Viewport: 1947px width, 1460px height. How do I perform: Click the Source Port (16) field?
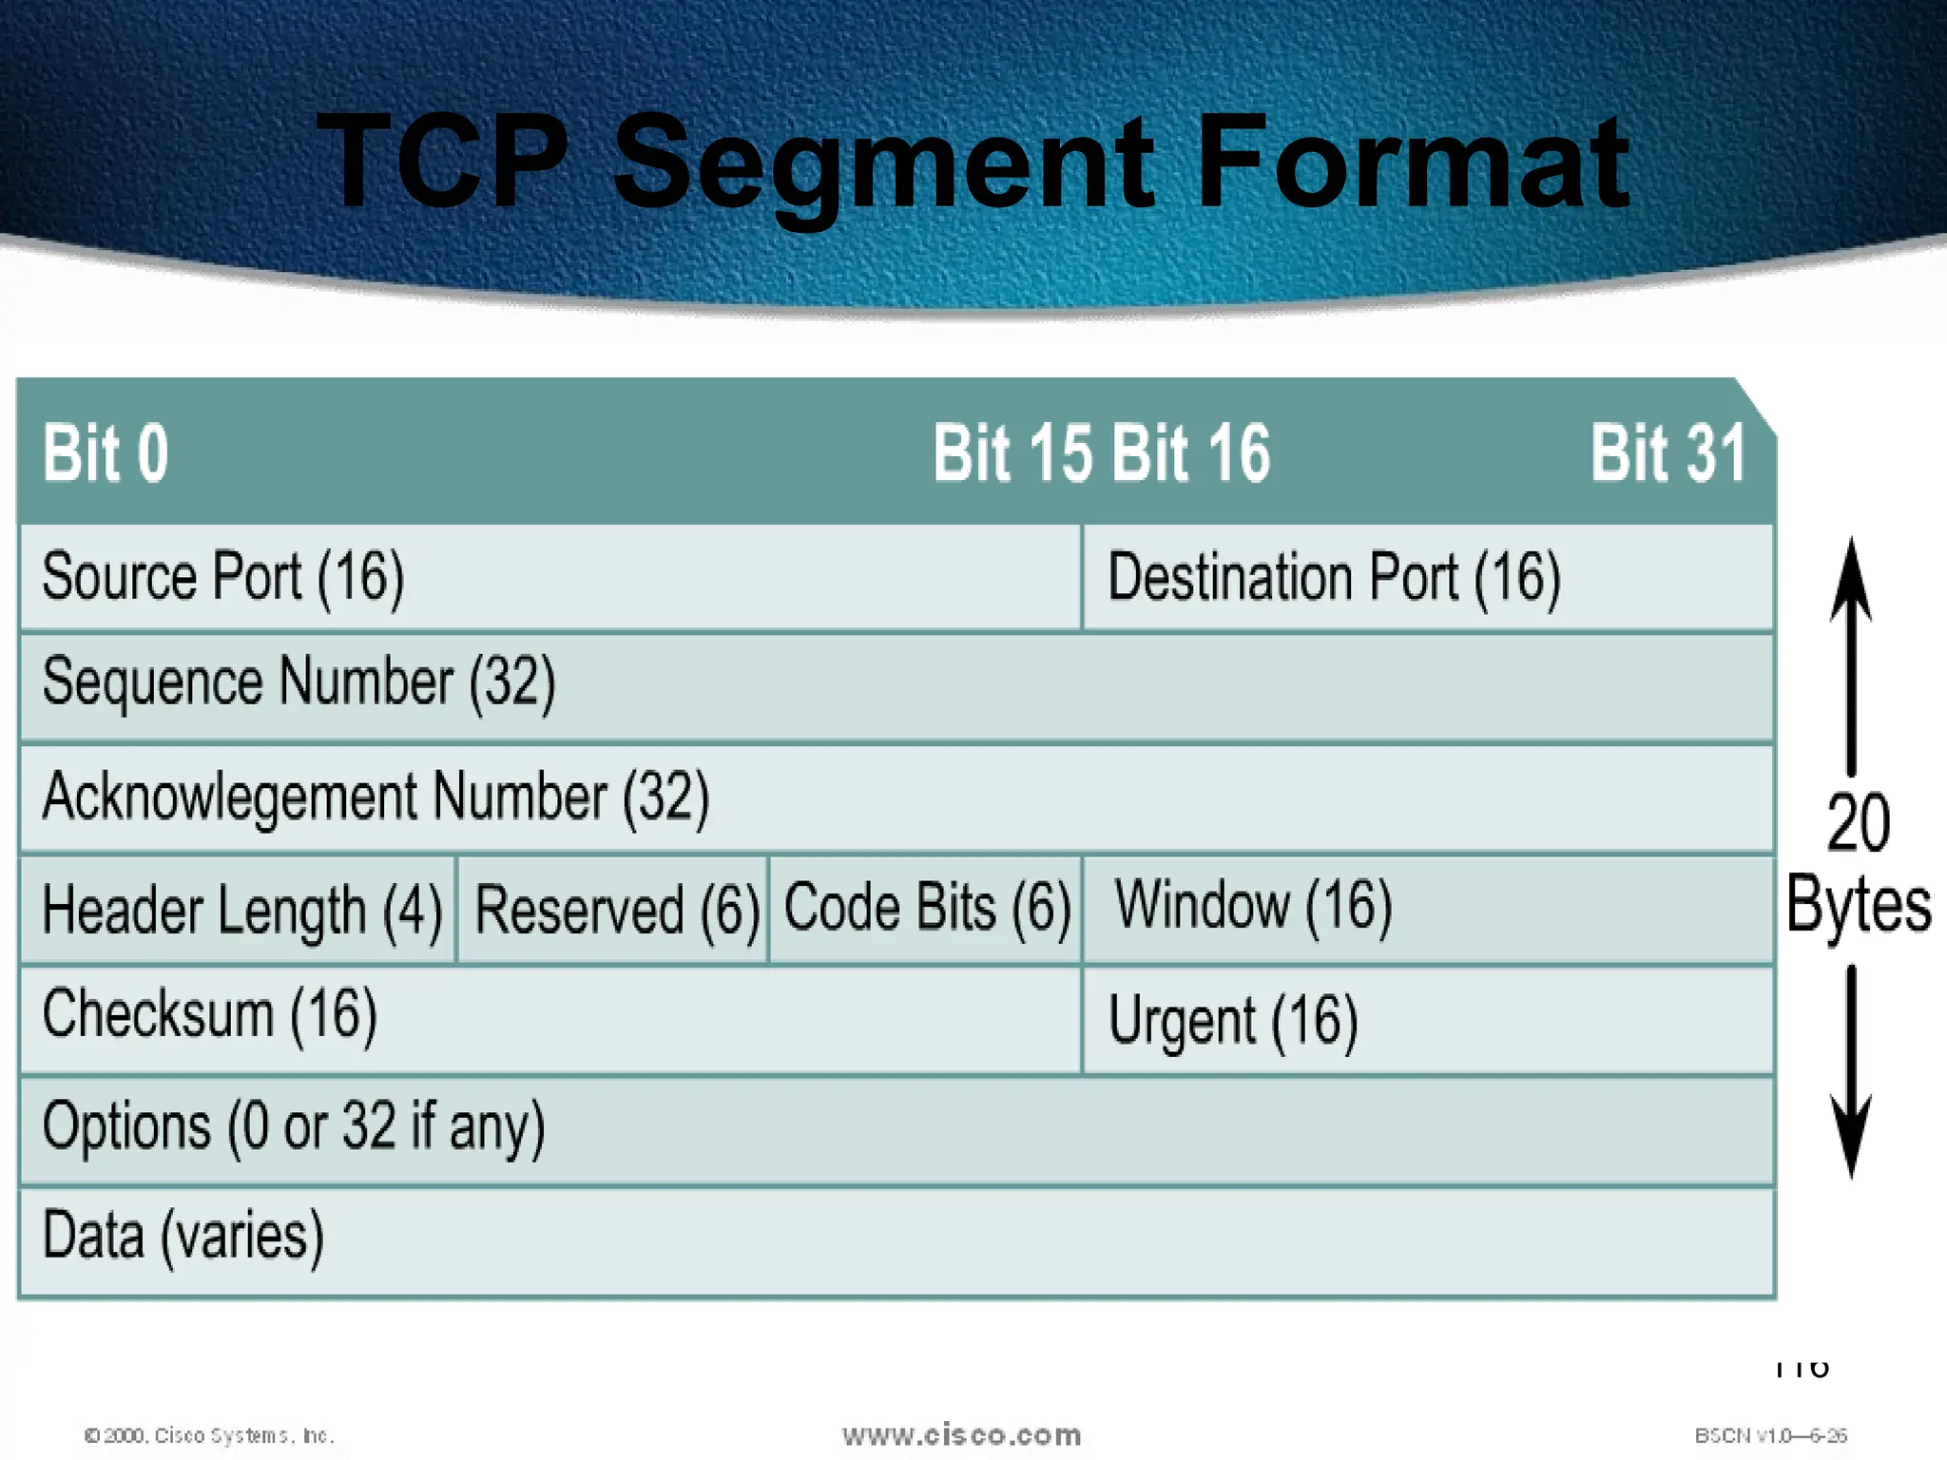(x=223, y=577)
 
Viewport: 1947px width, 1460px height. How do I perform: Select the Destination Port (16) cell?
(x=1334, y=578)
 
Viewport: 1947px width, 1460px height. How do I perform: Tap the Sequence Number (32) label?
(x=299, y=682)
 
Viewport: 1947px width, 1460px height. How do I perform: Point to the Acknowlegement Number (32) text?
(x=376, y=797)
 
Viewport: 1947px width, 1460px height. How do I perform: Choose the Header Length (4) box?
(x=241, y=910)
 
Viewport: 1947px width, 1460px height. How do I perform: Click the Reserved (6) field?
(x=616, y=910)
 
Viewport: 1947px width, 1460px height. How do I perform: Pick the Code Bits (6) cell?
(x=927, y=907)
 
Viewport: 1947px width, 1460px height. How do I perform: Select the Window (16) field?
(x=1253, y=905)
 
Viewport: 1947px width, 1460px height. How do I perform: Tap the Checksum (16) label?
(x=209, y=1014)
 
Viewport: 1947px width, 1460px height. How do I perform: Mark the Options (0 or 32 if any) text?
(x=293, y=1126)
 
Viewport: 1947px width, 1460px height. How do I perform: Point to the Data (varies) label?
(x=183, y=1237)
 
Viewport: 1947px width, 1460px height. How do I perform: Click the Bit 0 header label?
(x=106, y=453)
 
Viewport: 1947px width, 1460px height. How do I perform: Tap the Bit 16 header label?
(x=1190, y=453)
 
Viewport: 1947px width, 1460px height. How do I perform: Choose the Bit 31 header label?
(x=1668, y=453)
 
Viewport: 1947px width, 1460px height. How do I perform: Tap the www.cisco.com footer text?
(x=961, y=1435)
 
